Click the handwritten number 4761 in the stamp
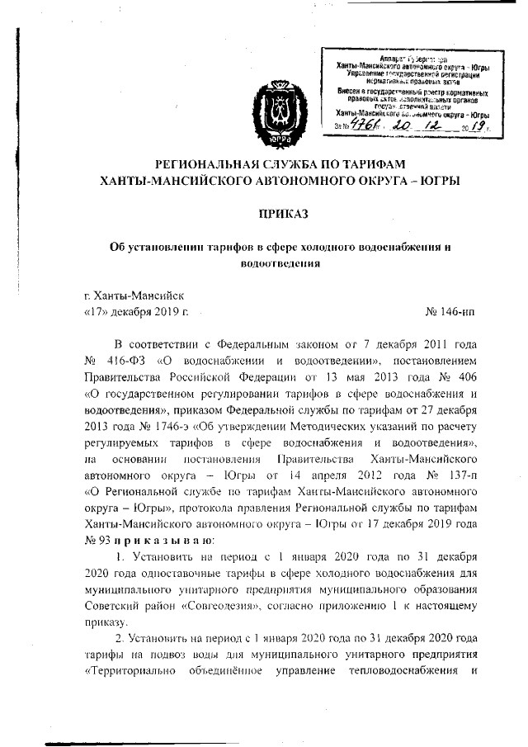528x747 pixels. pos(366,126)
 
